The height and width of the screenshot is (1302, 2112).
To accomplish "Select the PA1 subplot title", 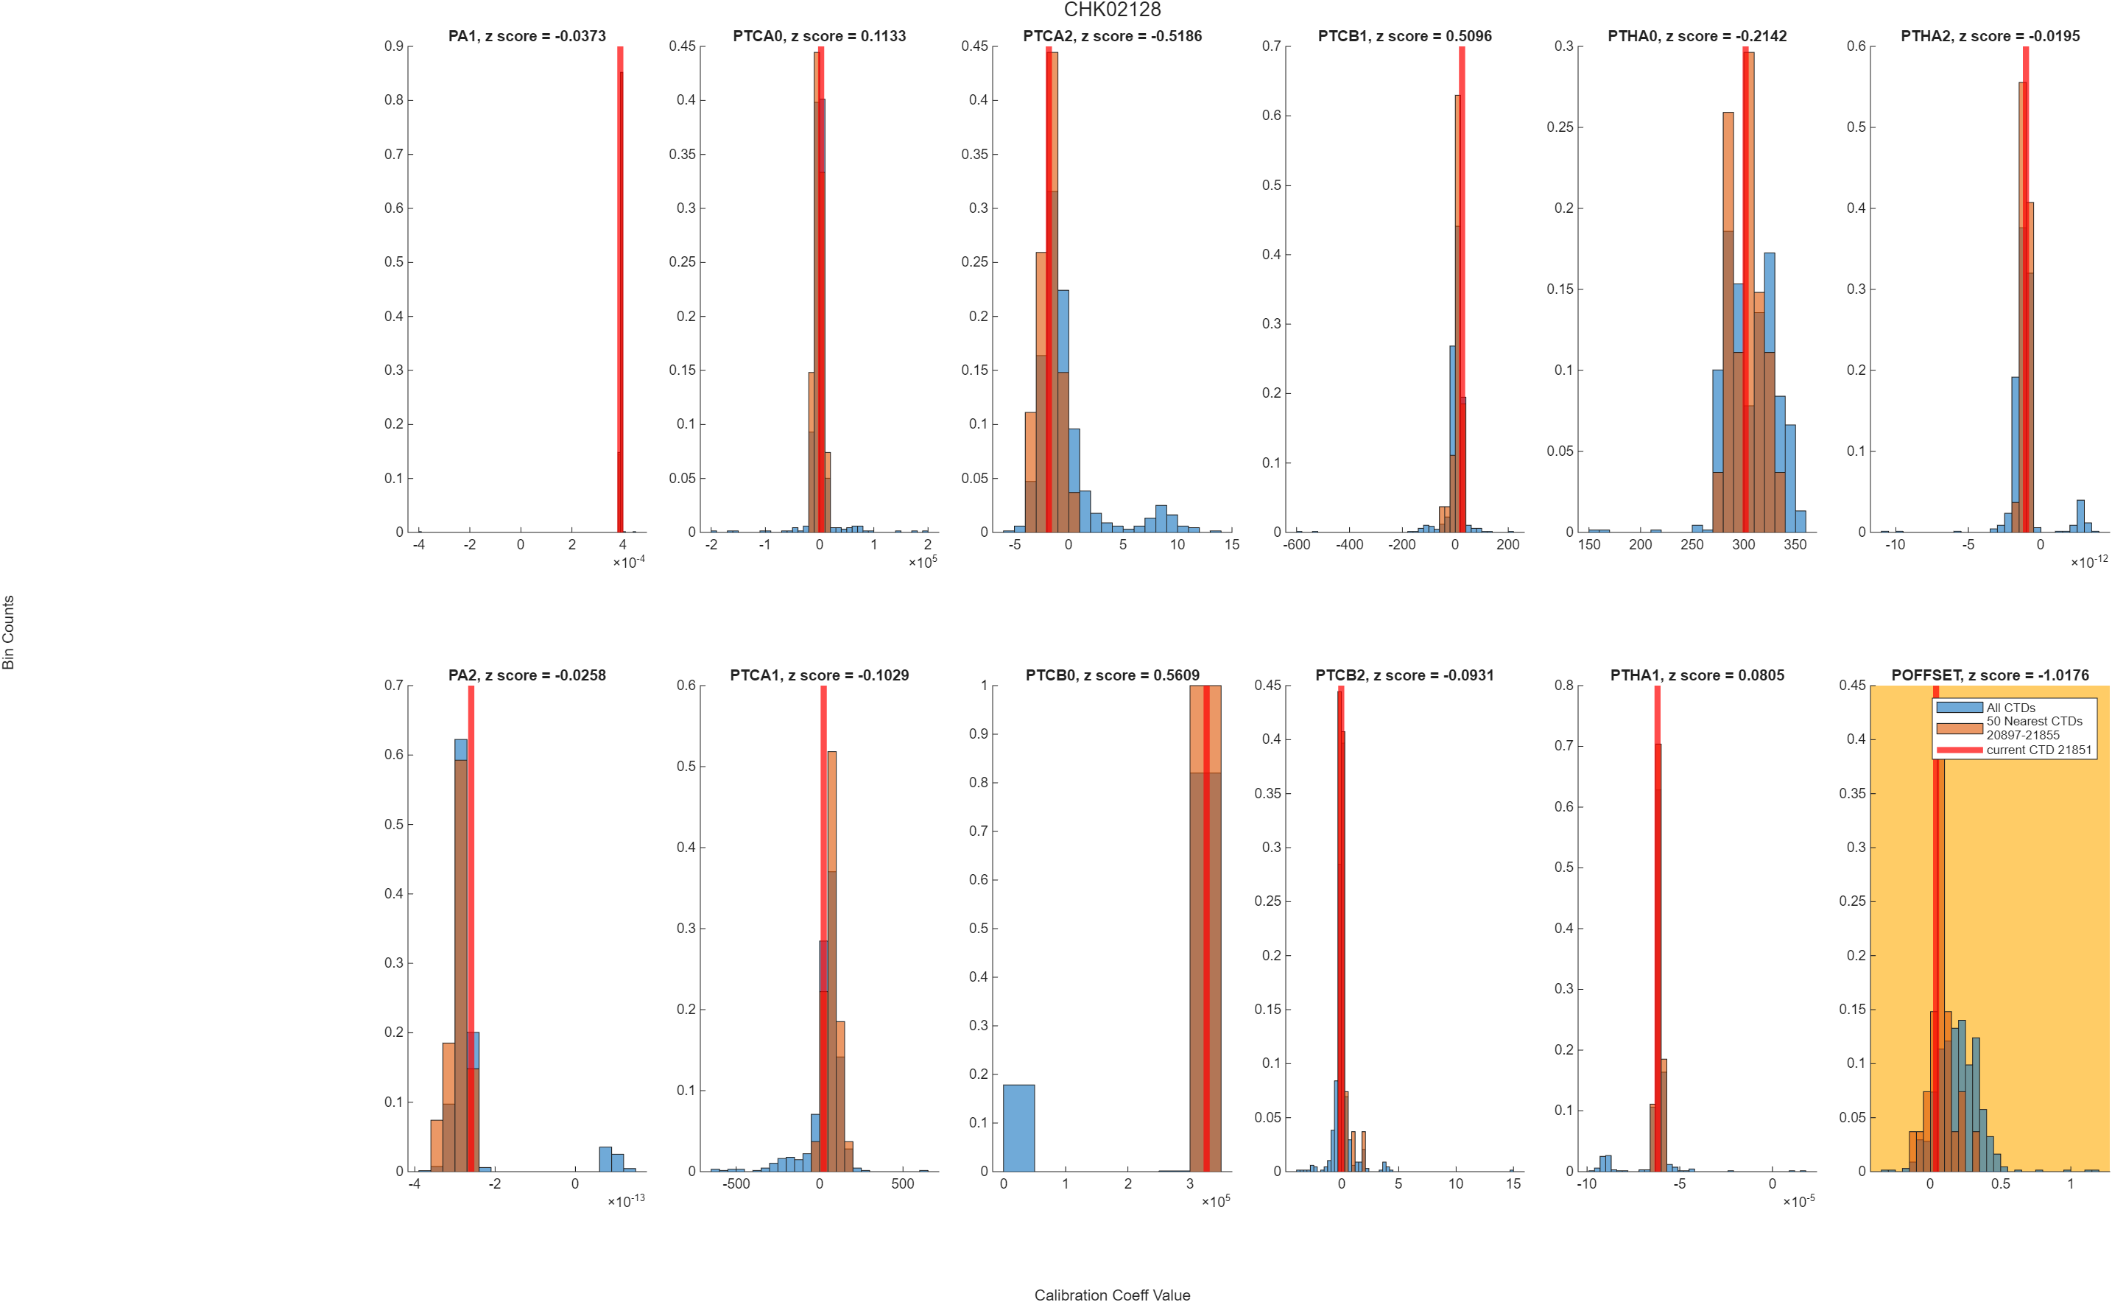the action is tap(527, 36).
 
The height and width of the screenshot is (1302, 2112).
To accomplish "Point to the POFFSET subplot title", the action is tap(1990, 675).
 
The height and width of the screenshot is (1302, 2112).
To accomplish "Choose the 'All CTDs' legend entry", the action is tap(1985, 708).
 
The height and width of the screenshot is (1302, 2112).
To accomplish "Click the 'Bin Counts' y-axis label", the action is tap(9, 632).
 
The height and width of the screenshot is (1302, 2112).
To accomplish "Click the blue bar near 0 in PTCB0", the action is tap(1018, 1128).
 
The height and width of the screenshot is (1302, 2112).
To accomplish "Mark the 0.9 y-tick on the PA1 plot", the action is tap(393, 46).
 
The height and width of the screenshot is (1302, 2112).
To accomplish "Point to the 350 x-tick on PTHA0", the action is tap(1795, 544).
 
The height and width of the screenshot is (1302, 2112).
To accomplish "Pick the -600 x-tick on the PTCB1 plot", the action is tap(1297, 544).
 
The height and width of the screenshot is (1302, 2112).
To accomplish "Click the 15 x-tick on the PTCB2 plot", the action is tap(1513, 1183).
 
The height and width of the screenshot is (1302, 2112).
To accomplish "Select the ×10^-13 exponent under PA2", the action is tap(626, 1200).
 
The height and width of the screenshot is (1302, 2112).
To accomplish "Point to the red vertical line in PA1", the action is tap(620, 289).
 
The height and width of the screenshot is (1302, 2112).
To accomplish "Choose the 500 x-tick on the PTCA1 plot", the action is tap(902, 1183).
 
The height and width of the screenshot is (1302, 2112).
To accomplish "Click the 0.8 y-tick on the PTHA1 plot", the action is tap(1563, 686).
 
